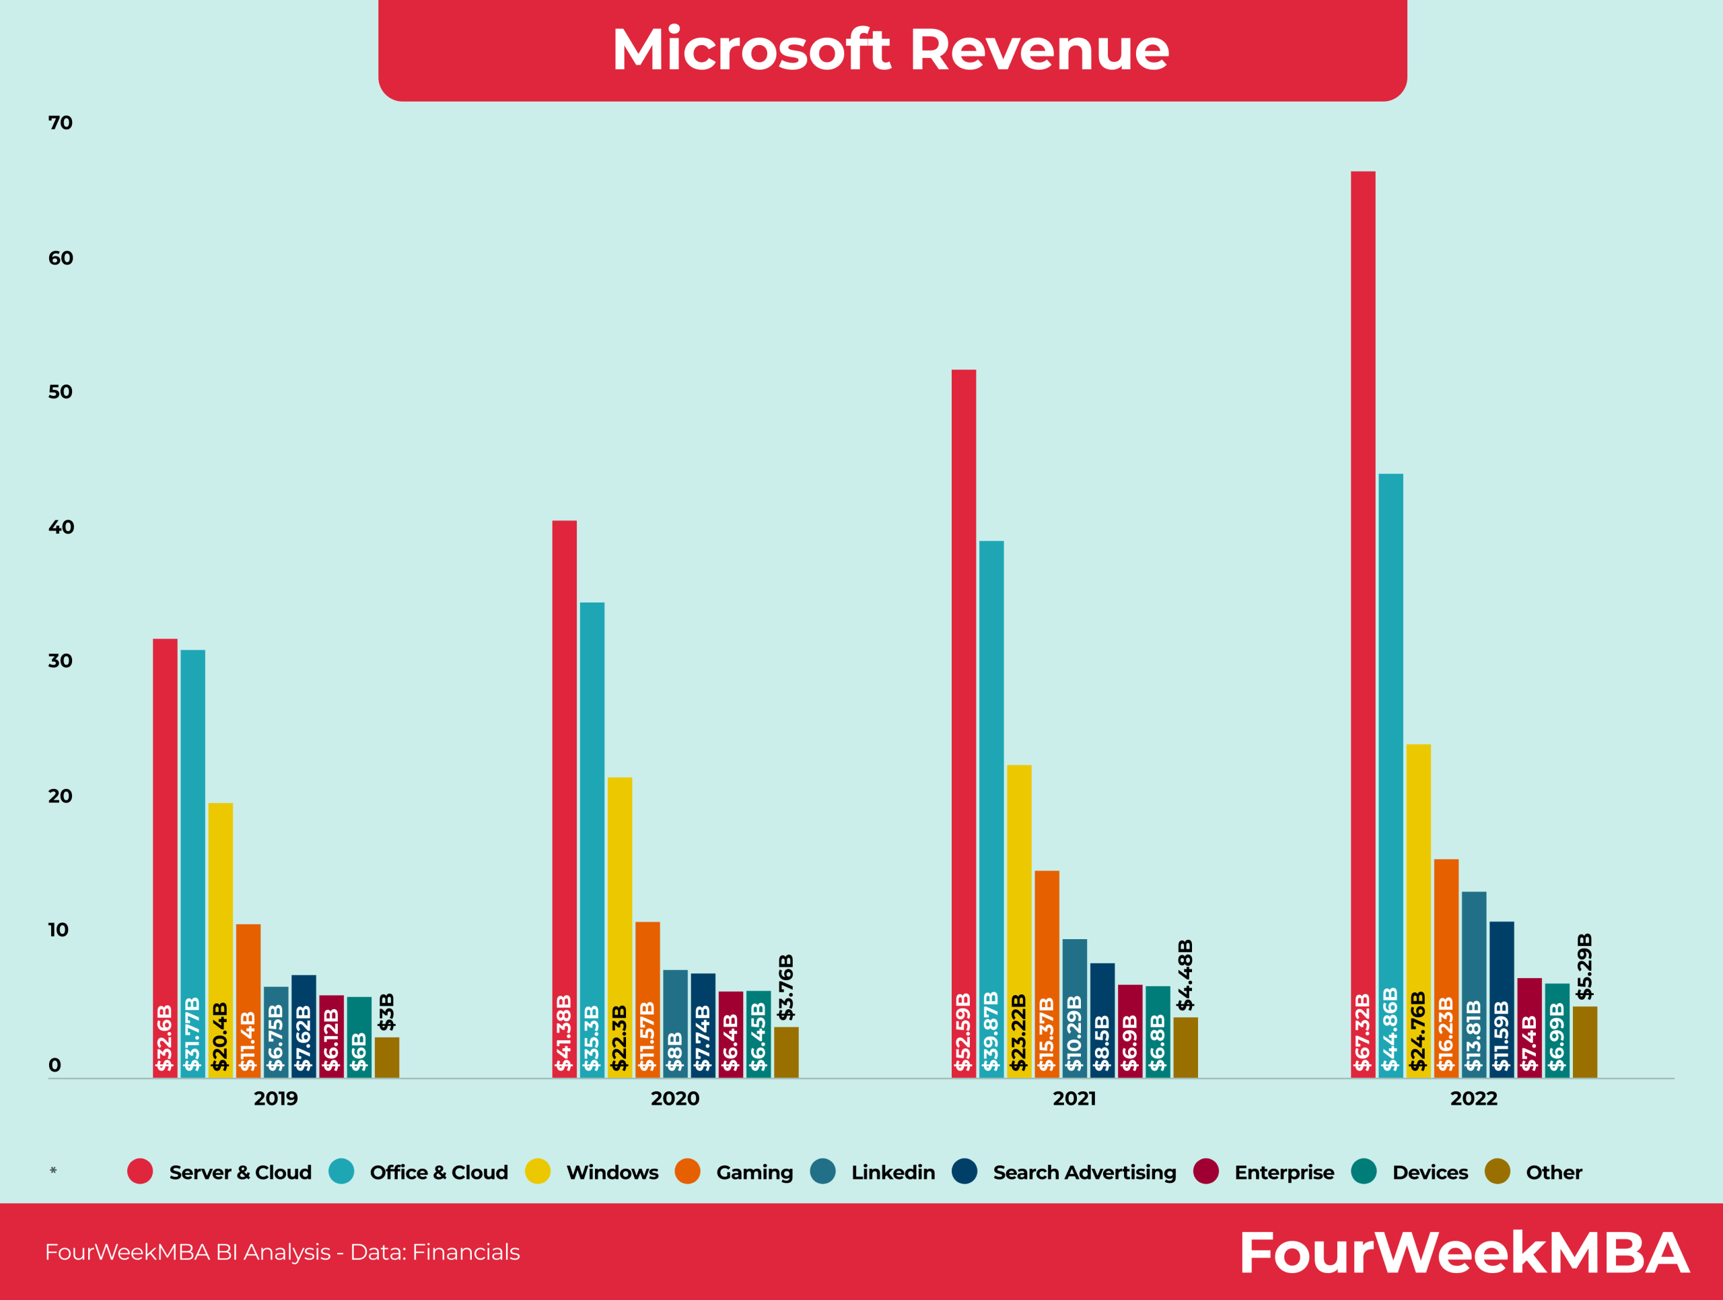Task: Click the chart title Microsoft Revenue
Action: click(890, 50)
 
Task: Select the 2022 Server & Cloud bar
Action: click(1362, 623)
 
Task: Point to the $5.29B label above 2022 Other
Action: click(1584, 966)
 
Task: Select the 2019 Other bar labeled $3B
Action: click(386, 1057)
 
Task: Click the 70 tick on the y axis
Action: click(60, 123)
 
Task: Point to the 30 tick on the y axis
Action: click(60, 660)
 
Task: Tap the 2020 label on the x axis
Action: click(674, 1098)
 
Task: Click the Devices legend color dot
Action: click(1363, 1171)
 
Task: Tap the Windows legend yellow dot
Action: click(538, 1171)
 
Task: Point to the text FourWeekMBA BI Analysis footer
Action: click(282, 1252)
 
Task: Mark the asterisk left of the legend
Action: click(53, 1171)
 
